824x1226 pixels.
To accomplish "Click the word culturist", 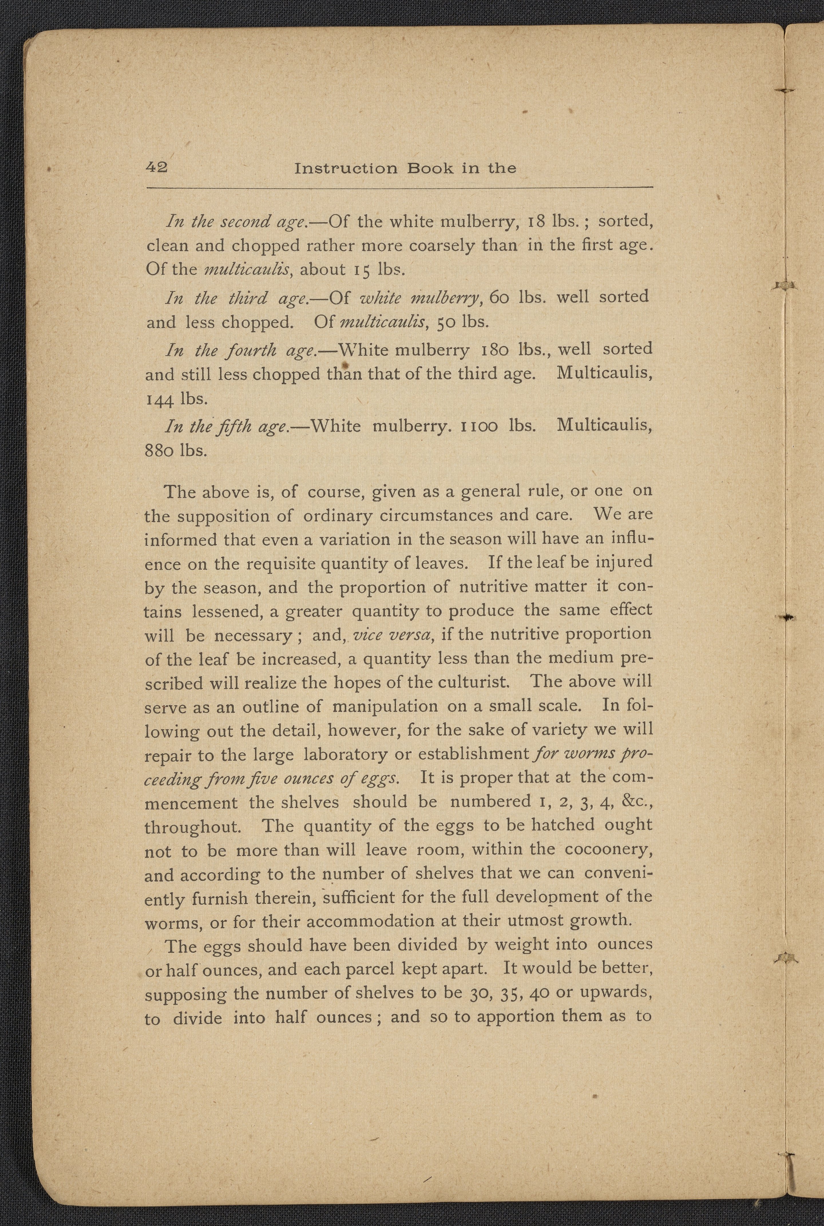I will pyautogui.click(x=478, y=682).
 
